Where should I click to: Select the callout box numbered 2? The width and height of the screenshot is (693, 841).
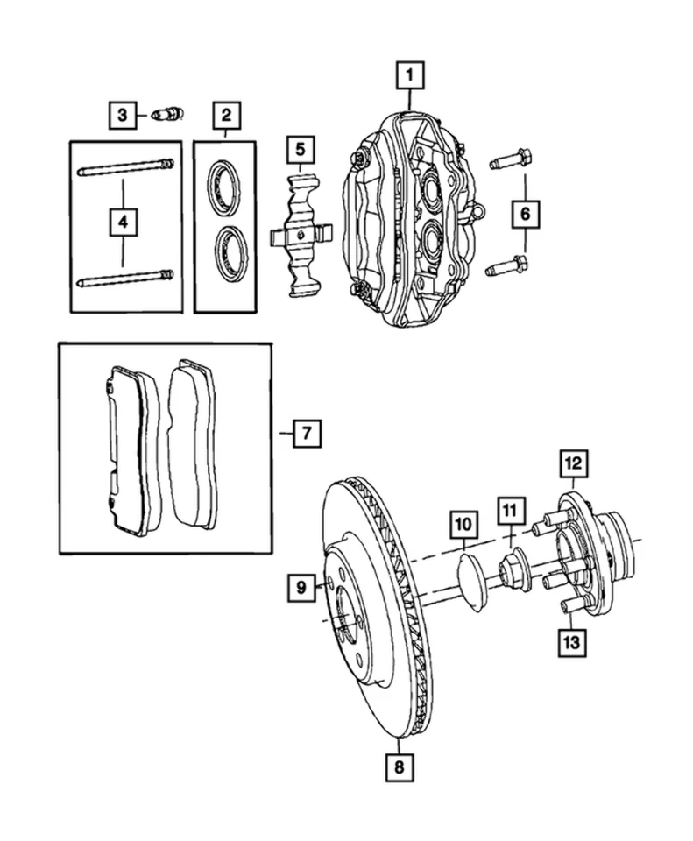point(225,114)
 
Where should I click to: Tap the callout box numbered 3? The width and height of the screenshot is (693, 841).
point(124,114)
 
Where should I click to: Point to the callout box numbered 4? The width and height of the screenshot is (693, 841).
point(124,224)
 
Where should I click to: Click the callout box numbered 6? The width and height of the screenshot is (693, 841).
point(526,213)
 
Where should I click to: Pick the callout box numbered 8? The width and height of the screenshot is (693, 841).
point(399,767)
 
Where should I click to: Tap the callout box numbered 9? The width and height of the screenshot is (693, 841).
point(300,588)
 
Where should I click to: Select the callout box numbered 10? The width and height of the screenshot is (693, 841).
point(463,526)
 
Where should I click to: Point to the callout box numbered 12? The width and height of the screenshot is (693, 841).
point(572,462)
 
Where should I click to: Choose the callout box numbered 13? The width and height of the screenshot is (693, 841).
point(572,642)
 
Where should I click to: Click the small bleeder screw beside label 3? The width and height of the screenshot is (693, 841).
point(166,114)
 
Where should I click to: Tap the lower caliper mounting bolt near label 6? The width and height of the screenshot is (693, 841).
point(509,263)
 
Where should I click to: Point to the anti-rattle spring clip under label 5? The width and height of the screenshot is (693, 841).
point(301,234)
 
